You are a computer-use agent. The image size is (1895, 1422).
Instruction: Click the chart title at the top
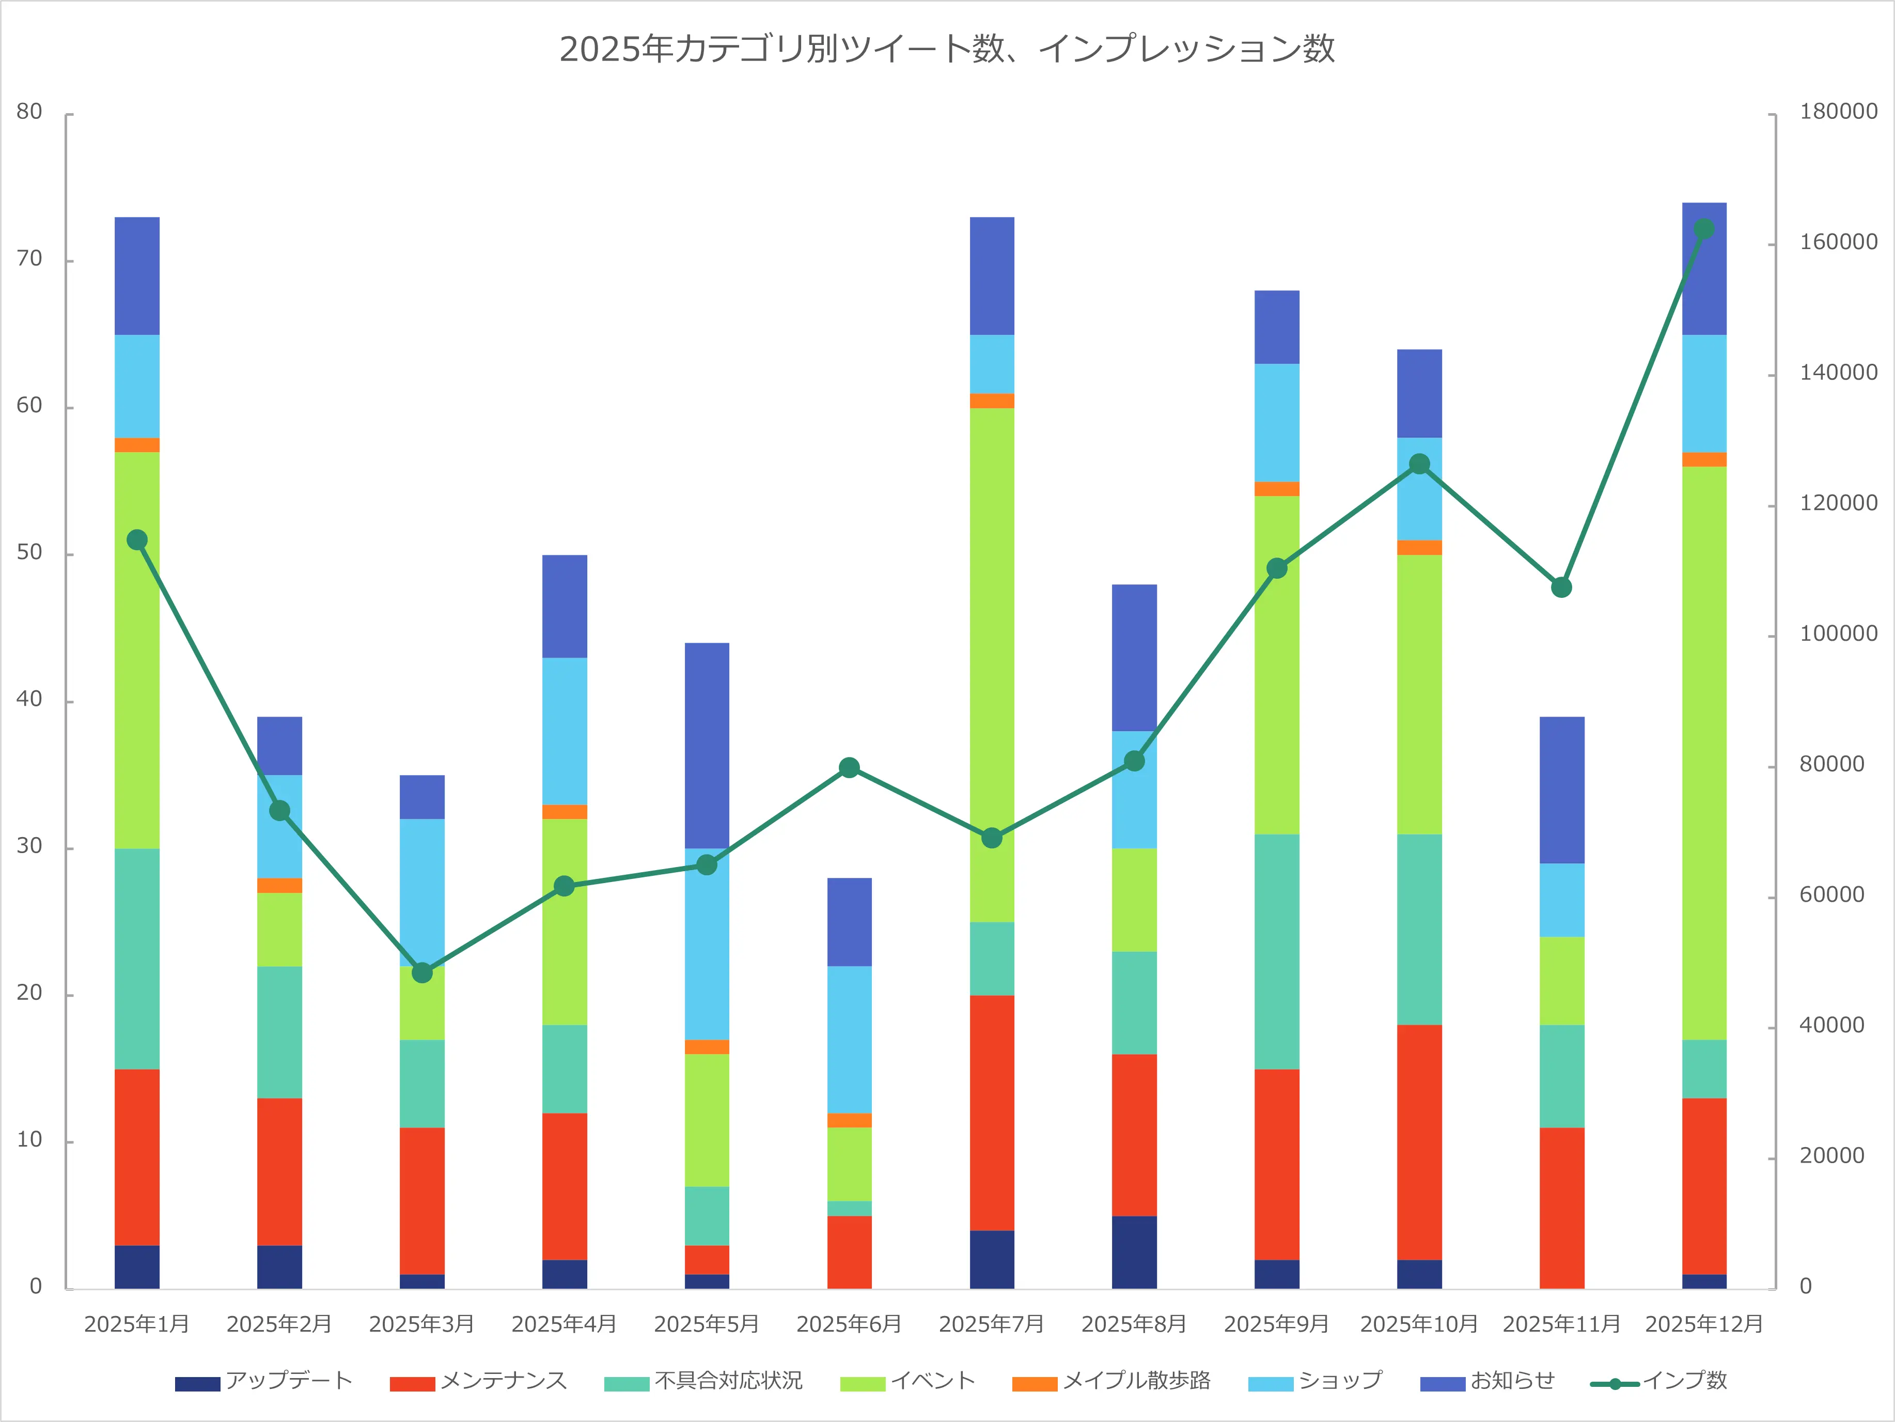[947, 49]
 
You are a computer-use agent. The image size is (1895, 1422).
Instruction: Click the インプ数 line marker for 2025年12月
[1704, 229]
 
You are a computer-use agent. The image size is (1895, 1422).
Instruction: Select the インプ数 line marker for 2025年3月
[421, 973]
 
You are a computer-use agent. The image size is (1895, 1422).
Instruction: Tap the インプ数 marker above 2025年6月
[849, 767]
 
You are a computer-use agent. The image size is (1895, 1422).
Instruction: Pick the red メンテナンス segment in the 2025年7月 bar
[992, 1112]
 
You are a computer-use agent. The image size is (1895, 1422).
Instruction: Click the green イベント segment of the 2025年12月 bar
[1704, 752]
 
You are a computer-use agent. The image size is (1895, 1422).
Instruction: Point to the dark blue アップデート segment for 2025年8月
[1134, 1251]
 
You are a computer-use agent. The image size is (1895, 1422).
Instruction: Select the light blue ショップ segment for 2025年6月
[849, 1039]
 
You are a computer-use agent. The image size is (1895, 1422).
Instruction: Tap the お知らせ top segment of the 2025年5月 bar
[707, 745]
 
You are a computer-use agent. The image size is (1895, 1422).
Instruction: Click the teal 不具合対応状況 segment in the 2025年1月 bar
[137, 959]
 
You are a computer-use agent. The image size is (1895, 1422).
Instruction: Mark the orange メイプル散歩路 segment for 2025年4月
[565, 812]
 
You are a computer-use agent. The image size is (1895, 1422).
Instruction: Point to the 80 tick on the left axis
[29, 112]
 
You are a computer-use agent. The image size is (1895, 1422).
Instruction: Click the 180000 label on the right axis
[1838, 112]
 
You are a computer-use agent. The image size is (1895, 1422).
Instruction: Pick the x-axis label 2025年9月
[1276, 1324]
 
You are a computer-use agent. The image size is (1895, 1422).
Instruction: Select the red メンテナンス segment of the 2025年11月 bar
[1562, 1208]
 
